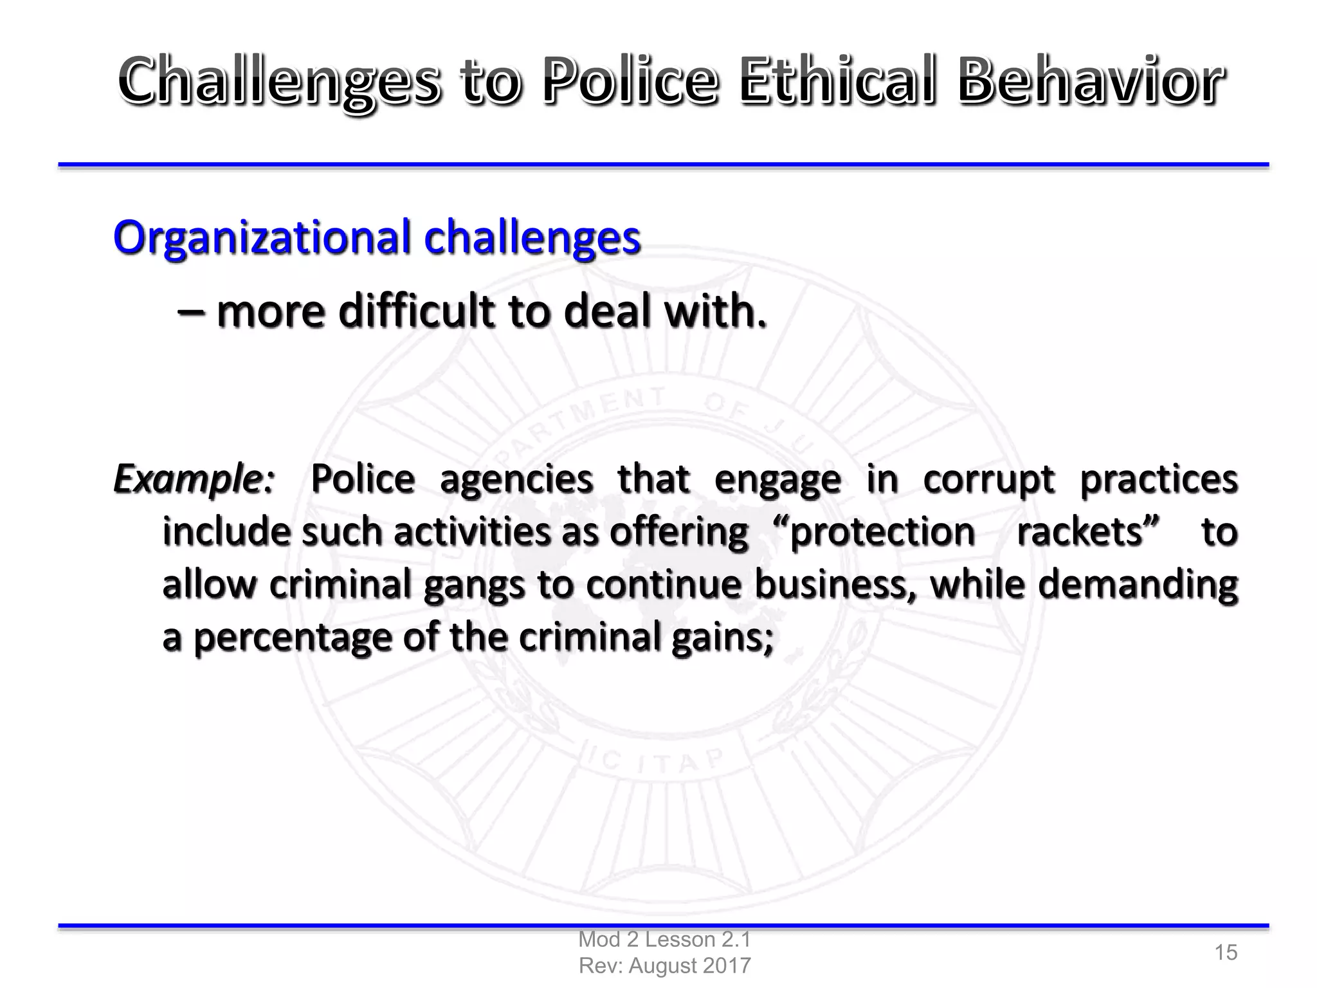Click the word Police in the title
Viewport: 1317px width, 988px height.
coord(629,82)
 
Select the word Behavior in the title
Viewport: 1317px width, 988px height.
coord(1090,82)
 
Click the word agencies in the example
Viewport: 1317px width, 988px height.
coord(516,480)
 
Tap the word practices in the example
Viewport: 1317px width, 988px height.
coord(1158,480)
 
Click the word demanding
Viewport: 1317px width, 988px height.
coord(1138,585)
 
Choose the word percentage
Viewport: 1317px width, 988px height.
coord(293,639)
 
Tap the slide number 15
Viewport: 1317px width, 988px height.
coord(1226,952)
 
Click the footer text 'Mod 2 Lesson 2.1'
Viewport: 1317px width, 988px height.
coord(664,939)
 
